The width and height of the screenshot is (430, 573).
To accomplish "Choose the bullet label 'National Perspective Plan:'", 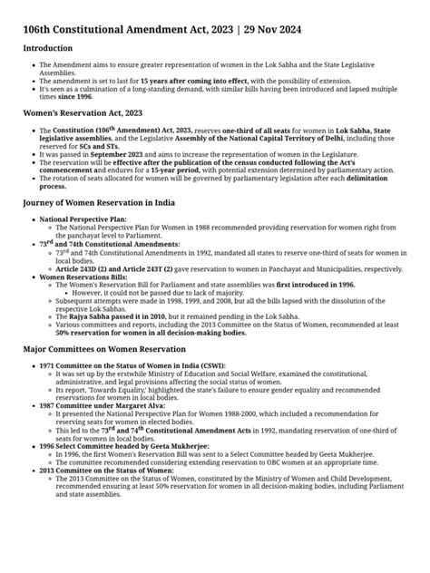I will [83, 219].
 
